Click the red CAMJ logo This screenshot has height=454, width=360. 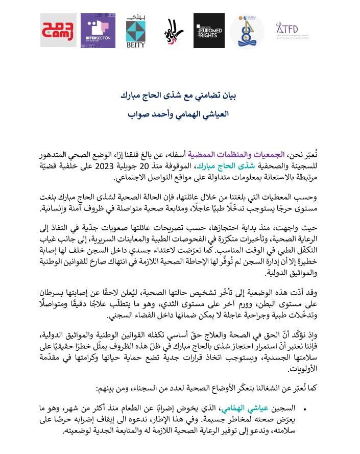point(58,31)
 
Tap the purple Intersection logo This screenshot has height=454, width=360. point(98,31)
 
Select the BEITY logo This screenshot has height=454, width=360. point(135,31)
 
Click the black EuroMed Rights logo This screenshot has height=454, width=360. point(209,31)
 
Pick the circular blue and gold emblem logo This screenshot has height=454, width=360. point(247,31)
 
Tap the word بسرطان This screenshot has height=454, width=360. point(55,292)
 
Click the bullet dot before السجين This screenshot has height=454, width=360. point(304,409)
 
